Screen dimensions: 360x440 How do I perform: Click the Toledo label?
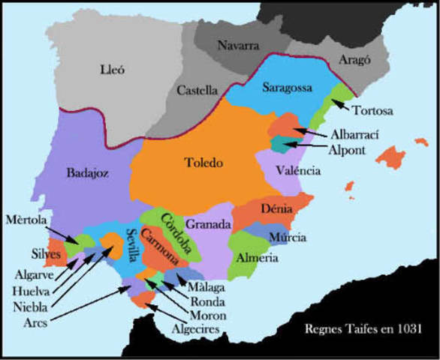pyautogui.click(x=203, y=161)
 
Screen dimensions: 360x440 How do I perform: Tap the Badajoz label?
pyautogui.click(x=87, y=172)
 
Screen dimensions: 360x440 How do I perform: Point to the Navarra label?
pyautogui.click(x=238, y=45)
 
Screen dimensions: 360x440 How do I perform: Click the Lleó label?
pyautogui.click(x=111, y=70)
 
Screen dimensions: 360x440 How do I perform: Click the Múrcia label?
pyautogui.click(x=288, y=238)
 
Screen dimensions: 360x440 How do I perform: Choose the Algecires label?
pyautogui.click(x=193, y=328)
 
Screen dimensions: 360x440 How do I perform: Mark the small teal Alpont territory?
pyautogui.click(x=281, y=142)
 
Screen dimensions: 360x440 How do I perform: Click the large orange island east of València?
pyautogui.click(x=390, y=156)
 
